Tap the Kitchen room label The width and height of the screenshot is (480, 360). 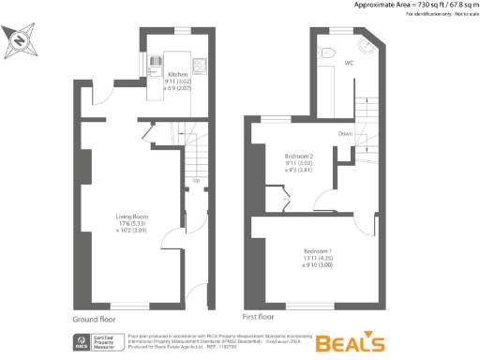point(178,74)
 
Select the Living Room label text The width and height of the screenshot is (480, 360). point(132,217)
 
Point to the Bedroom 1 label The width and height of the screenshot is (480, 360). point(318,251)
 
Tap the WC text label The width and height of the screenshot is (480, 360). point(348,64)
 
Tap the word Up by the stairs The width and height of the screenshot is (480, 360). point(197,181)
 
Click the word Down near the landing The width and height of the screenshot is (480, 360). point(346,134)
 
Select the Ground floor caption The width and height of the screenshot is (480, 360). point(94,318)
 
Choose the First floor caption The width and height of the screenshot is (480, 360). point(262,318)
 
